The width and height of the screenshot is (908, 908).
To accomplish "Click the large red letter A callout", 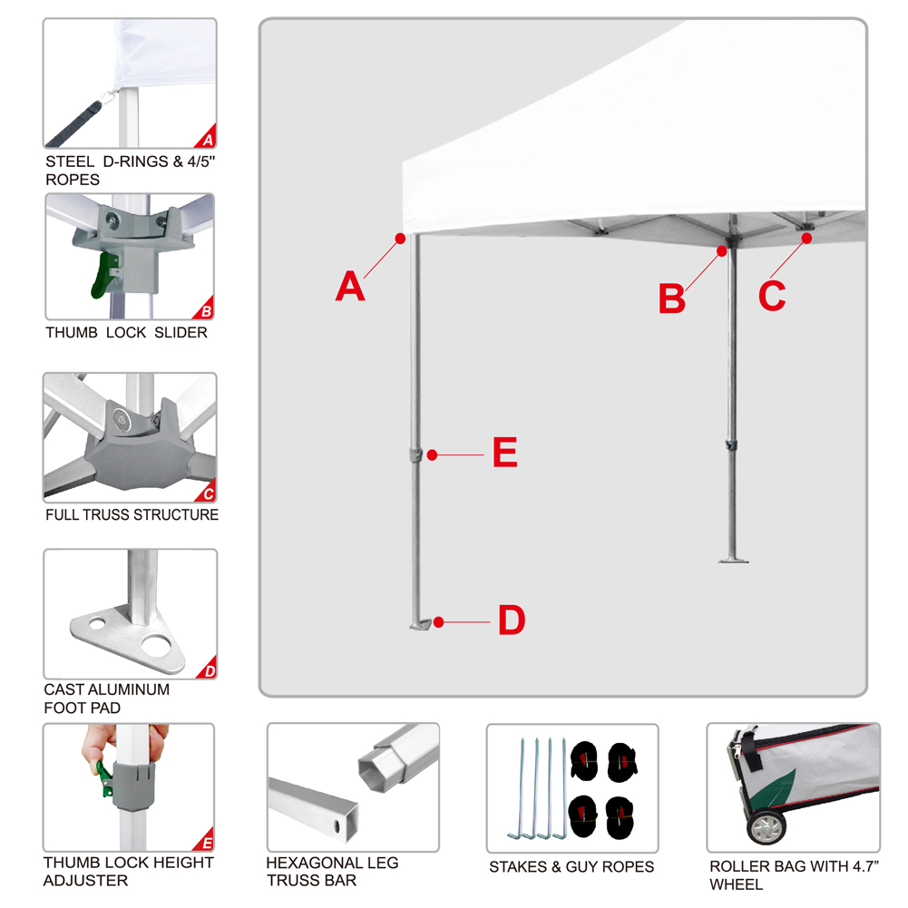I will click(349, 287).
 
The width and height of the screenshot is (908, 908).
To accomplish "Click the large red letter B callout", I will click(671, 298).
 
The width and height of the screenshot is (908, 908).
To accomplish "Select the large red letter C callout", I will click(772, 295).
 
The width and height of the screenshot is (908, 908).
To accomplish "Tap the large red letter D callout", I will click(511, 620).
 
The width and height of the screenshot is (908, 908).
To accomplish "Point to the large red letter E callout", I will click(504, 453).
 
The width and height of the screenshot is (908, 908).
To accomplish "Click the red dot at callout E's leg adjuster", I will click(433, 454).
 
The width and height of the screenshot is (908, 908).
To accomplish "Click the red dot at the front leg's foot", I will click(438, 622).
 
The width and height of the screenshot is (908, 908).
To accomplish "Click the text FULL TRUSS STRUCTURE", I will click(132, 514).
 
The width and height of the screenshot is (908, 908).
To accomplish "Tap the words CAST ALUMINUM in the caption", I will click(107, 688).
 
